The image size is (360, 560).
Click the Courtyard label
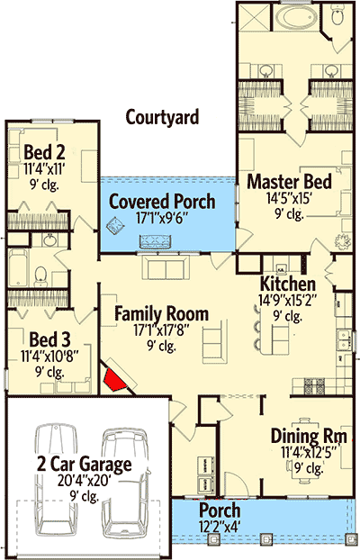[162, 118]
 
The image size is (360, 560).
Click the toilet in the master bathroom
[337, 14]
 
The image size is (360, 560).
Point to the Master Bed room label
[289, 182]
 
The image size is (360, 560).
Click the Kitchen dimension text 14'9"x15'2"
[288, 301]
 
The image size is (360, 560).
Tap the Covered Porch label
[162, 202]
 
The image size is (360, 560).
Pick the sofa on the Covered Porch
[155, 241]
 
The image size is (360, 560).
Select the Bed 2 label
[44, 152]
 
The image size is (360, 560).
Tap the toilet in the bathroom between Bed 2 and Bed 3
[40, 276]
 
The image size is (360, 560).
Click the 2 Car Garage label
[85, 464]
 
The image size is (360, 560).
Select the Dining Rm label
[309, 436]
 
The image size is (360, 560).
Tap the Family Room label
[161, 314]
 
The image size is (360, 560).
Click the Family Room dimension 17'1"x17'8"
[161, 330]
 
